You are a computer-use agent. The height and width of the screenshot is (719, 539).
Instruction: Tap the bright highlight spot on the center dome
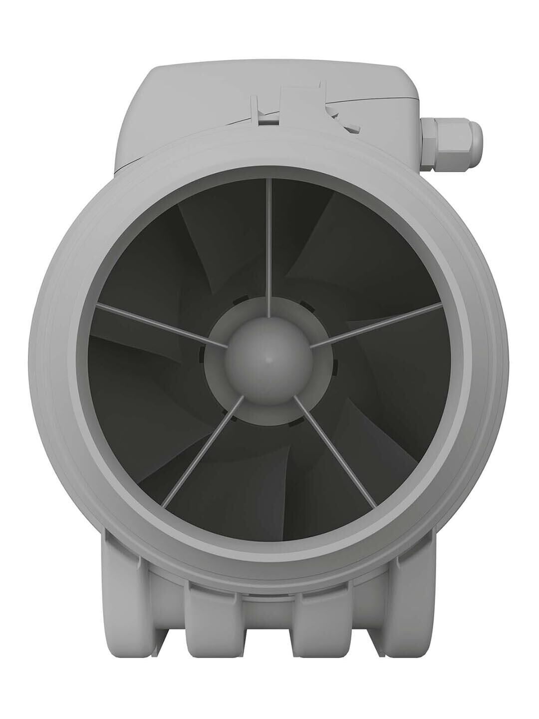[x=269, y=359]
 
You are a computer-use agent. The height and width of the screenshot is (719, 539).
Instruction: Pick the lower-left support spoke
[x=200, y=449]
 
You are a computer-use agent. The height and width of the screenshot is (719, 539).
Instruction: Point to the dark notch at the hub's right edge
[x=336, y=367]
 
